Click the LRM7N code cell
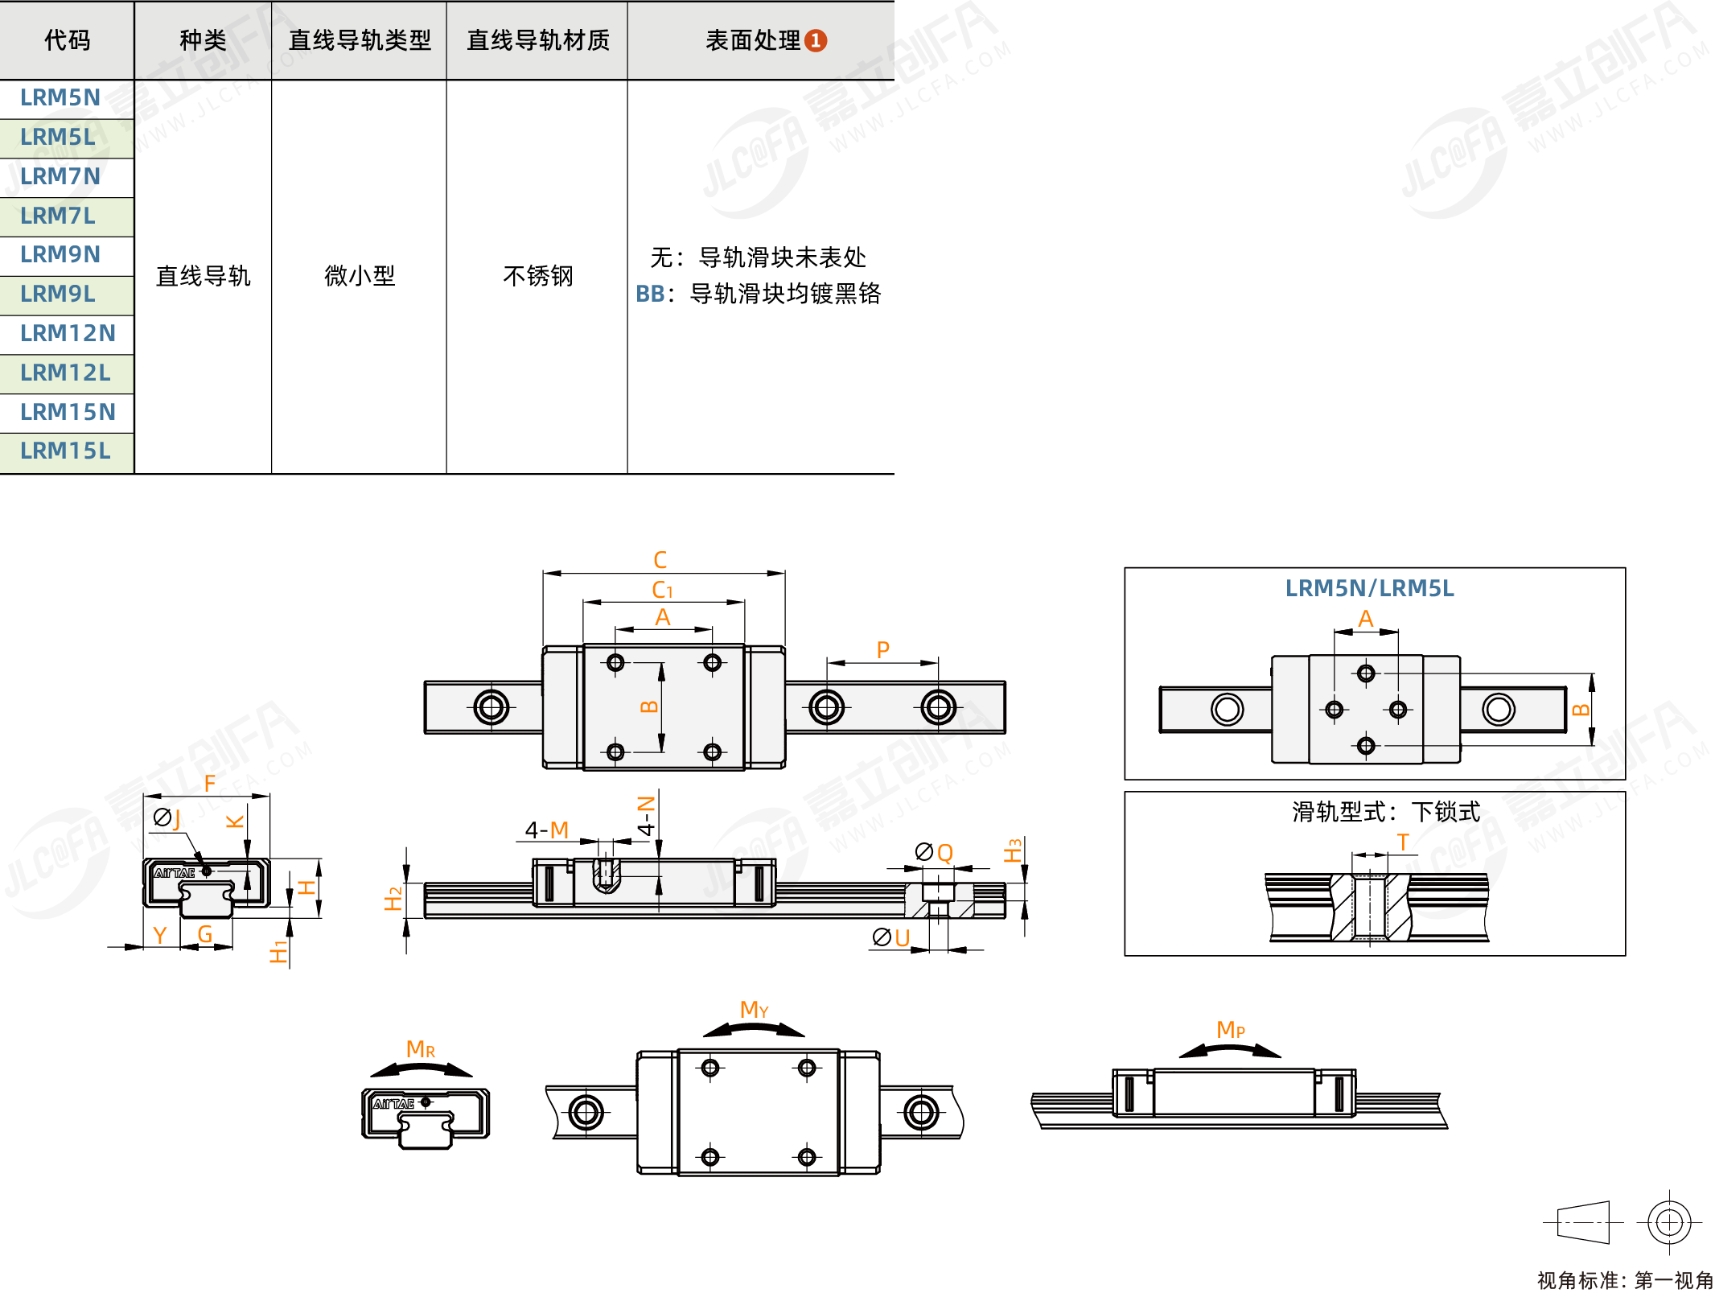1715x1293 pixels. pyautogui.click(x=60, y=176)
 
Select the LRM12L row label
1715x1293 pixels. pyautogui.click(x=65, y=373)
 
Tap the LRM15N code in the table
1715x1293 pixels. pyautogui.click(x=68, y=412)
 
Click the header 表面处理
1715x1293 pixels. pyautogui.click(x=753, y=40)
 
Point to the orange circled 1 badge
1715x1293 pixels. pyautogui.click(x=816, y=40)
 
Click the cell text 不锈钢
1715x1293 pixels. pyautogui.click(x=537, y=276)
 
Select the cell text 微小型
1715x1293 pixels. pyautogui.click(x=360, y=276)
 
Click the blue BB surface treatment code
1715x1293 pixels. pyautogui.click(x=650, y=294)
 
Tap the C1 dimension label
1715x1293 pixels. pyautogui.click(x=662, y=590)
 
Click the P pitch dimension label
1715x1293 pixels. pyautogui.click(x=882, y=649)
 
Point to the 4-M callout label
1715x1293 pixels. pyautogui.click(x=547, y=830)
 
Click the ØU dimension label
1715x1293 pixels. pyautogui.click(x=891, y=937)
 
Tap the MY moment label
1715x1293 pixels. pyautogui.click(x=754, y=1009)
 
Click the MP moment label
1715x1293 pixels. pyautogui.click(x=1230, y=1029)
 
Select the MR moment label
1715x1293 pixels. pyautogui.click(x=420, y=1049)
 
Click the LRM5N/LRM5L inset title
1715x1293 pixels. pyautogui.click(x=1369, y=588)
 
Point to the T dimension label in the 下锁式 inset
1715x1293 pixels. pyautogui.click(x=1403, y=842)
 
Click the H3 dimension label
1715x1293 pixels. pyautogui.click(x=1013, y=850)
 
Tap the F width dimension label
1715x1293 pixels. pyautogui.click(x=210, y=783)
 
